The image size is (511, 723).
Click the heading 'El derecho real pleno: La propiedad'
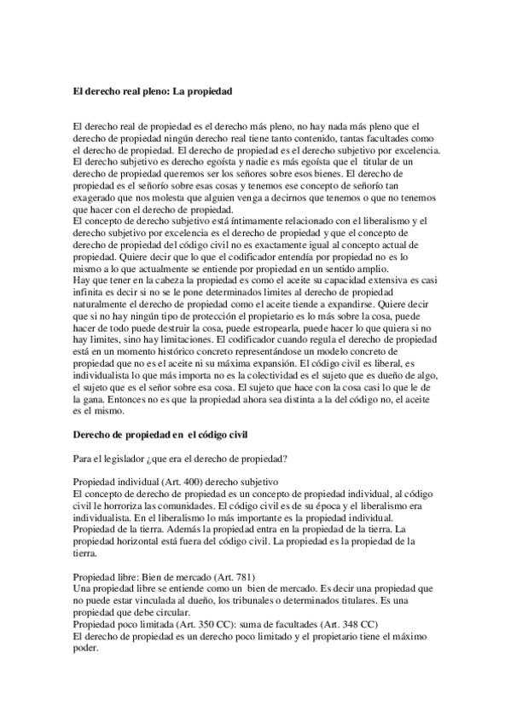click(x=154, y=89)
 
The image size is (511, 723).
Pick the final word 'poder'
click(x=87, y=649)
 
